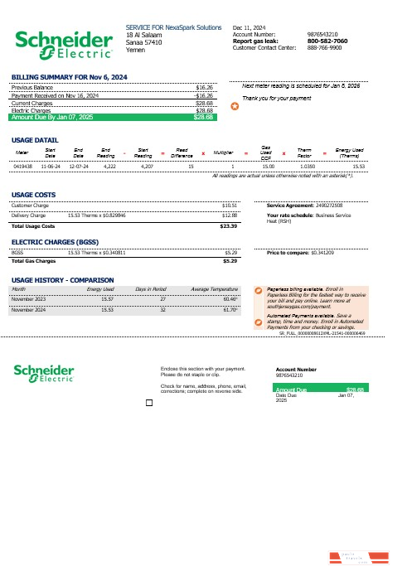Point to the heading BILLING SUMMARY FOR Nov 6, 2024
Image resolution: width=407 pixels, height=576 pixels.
(69, 77)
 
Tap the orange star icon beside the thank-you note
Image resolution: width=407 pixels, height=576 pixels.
(234, 106)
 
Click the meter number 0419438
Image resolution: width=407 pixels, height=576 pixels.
(23, 166)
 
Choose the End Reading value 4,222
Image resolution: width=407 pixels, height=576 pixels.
(108, 166)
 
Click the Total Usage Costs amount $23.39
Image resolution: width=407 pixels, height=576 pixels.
(228, 225)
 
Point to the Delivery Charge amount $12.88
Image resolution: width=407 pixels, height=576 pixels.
(230, 215)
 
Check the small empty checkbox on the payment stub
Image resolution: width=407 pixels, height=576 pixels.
(148, 404)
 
